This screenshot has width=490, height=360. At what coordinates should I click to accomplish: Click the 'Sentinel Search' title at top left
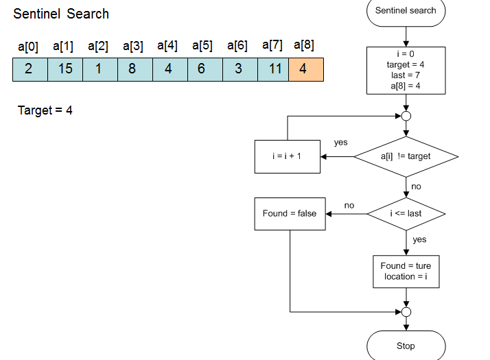61,14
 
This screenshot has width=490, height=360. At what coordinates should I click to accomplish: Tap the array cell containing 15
65,69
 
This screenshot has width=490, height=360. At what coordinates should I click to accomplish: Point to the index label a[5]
202,46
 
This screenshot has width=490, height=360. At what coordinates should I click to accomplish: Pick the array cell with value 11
275,69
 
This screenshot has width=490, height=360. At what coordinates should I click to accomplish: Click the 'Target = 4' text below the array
45,110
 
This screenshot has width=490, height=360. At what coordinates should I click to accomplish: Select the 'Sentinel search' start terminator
406,11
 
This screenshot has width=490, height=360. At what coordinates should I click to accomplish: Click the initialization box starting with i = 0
406,70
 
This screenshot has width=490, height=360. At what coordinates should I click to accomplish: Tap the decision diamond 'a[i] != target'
406,156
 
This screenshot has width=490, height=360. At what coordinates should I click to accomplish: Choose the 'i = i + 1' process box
287,156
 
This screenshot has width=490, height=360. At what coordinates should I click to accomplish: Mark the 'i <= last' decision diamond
406,213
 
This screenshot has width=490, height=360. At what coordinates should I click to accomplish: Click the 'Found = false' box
290,213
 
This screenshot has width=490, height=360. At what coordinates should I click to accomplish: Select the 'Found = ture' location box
406,271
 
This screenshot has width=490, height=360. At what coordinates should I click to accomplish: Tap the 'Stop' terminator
406,346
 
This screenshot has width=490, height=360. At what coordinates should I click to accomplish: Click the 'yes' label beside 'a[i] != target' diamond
340,143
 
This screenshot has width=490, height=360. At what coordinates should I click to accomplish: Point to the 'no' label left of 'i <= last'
349,205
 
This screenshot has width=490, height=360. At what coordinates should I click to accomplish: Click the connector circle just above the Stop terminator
406,312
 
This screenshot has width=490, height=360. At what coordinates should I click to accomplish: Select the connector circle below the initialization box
406,116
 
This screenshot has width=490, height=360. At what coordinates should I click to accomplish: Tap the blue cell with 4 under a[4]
168,69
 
